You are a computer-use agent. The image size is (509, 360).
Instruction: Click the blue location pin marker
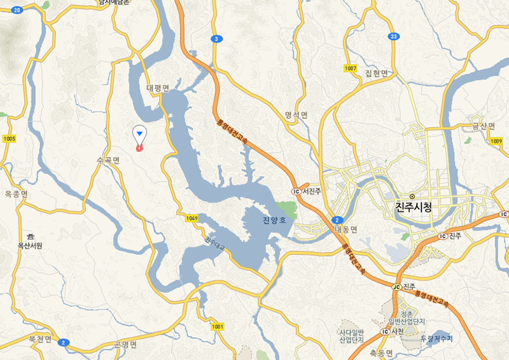coord(139,134)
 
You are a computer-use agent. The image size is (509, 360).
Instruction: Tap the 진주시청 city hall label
coord(414,207)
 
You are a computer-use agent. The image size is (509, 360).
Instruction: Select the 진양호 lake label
coord(275,221)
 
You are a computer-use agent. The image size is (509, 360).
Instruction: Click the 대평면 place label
coord(157,88)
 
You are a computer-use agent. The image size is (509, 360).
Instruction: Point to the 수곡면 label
coord(108,160)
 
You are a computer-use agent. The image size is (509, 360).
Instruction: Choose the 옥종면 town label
coord(16,193)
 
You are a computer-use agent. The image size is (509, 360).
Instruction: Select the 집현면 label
coord(376,73)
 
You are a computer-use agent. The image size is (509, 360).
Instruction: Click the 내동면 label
coord(346,229)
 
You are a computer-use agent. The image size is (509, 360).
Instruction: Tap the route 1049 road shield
coord(193,218)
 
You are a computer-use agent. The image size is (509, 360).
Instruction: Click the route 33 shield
coord(394,36)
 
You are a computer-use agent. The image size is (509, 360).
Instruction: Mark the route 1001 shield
coord(218,326)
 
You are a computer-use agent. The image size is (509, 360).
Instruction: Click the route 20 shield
coord(17,10)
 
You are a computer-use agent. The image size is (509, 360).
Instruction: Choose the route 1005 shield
coord(9,139)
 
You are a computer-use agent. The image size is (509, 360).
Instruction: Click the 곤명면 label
coord(125,344)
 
